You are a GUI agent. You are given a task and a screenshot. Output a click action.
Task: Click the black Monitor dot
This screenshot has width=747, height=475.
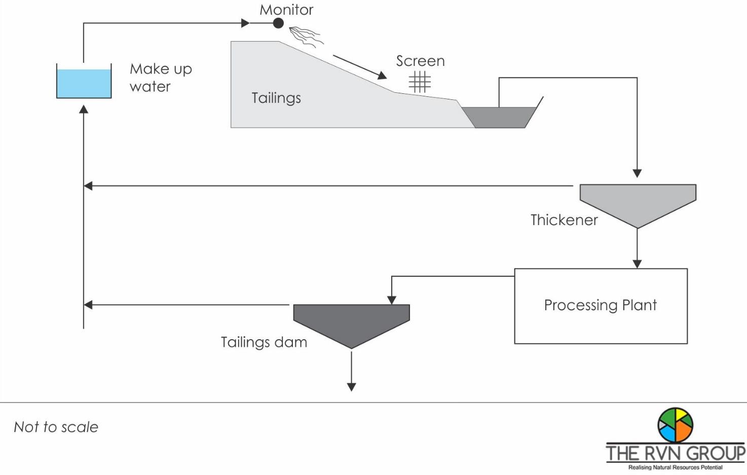click(278, 23)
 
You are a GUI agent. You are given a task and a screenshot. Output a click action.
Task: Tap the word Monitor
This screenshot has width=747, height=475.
click(286, 10)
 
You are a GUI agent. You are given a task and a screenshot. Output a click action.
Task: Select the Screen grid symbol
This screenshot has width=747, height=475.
click(420, 82)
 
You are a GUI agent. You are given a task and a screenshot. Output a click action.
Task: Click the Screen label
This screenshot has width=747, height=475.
click(420, 61)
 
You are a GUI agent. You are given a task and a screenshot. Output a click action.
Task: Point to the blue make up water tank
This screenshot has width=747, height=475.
click(84, 83)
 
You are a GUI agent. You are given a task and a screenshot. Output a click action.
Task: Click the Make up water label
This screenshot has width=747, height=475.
click(161, 78)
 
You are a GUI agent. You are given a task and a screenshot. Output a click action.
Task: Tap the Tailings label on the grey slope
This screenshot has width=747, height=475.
click(276, 98)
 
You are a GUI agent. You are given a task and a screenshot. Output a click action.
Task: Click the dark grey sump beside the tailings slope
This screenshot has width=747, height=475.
click(499, 117)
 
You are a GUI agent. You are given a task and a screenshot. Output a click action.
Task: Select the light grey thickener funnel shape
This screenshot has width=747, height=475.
click(638, 201)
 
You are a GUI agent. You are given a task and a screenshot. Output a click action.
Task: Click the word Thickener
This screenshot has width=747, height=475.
click(564, 220)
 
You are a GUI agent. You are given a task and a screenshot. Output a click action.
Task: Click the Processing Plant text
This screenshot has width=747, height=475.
click(600, 305)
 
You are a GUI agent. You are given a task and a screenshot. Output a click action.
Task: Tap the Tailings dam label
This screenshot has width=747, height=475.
click(264, 342)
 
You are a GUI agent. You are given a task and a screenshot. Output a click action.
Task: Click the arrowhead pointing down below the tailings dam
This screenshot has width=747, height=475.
click(351, 387)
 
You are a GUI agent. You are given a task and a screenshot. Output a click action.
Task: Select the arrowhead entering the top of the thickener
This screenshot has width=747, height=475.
click(637, 173)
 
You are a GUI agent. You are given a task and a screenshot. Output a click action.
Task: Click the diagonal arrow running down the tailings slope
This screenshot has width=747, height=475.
click(359, 67)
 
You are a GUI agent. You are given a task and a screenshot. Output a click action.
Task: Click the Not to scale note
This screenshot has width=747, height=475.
click(56, 427)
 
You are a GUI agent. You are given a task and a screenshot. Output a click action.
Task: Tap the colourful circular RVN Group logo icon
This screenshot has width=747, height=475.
click(675, 425)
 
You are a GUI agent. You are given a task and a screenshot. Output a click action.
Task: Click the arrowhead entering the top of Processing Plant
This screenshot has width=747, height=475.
click(637, 264)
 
